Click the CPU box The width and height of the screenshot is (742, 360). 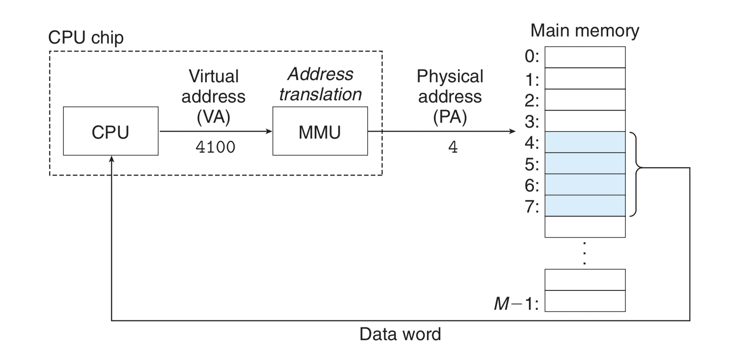coord(110,131)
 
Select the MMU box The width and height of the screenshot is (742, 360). coord(320,131)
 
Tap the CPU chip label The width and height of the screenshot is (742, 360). coord(86,37)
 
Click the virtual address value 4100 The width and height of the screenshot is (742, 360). coord(215,147)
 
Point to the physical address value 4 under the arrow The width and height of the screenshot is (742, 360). coord(453,147)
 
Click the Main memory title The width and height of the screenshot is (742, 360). coord(584,30)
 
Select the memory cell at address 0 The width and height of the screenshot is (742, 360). coord(585,57)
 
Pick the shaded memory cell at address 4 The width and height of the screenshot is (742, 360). coord(585,142)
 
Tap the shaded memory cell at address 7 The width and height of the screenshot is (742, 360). coord(585,206)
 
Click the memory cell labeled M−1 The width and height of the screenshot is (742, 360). coord(585,301)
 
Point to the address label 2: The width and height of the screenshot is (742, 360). coord(532,100)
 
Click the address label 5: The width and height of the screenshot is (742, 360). coord(532,164)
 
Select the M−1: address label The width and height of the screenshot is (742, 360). coord(516,303)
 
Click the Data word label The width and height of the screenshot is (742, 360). coord(400,334)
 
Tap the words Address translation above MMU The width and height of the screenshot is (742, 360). coord(320,84)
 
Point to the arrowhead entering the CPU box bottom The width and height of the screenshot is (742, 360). coord(112,159)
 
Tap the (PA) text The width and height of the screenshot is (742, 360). coord(450,117)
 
